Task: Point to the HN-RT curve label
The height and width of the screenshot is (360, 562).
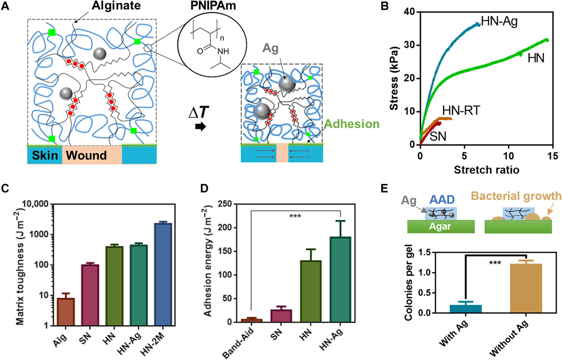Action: click(x=461, y=110)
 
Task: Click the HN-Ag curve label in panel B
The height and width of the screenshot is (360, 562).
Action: click(x=499, y=21)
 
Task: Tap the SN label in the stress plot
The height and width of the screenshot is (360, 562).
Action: click(x=438, y=137)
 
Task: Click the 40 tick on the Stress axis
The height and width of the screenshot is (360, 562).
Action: click(x=410, y=12)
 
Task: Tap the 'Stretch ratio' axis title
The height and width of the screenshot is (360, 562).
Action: click(x=487, y=170)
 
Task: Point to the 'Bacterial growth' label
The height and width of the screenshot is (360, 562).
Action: click(x=527, y=196)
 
